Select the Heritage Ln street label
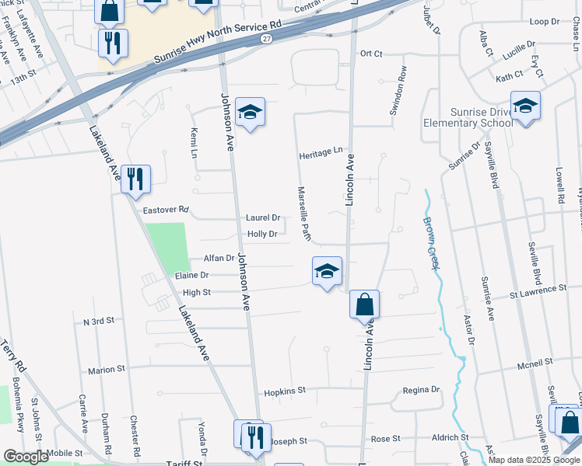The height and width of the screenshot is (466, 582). (x=321, y=155)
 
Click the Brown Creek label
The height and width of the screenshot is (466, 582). (x=431, y=243)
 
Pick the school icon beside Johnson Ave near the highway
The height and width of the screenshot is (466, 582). (x=250, y=113)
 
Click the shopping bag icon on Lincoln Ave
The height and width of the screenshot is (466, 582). (x=364, y=304)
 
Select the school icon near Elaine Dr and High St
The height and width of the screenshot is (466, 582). (x=327, y=272)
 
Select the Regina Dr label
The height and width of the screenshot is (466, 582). (x=421, y=389)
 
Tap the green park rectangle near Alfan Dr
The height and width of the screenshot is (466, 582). (x=167, y=247)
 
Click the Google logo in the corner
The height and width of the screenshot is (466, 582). (x=26, y=457)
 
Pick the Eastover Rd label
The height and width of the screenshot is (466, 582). (x=167, y=210)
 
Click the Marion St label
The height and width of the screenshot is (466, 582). (x=107, y=370)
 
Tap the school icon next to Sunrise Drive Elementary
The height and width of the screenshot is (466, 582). (x=525, y=107)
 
